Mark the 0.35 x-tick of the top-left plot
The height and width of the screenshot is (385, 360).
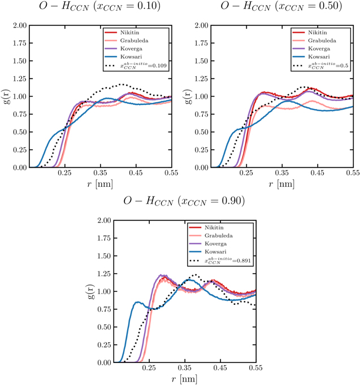click(x=101, y=174)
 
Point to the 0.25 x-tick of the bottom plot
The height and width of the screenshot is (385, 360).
click(x=149, y=369)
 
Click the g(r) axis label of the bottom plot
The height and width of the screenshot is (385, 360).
click(x=85, y=291)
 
